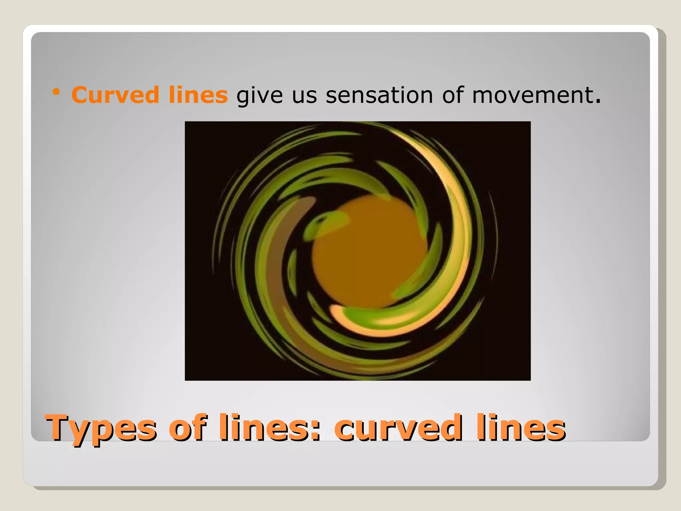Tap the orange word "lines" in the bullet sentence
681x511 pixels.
tap(198, 95)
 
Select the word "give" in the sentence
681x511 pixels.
tap(259, 96)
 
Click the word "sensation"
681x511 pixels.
tap(379, 95)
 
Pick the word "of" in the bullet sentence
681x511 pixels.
tap(452, 95)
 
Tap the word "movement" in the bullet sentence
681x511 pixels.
tap(532, 95)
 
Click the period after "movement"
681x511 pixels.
tap(598, 101)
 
